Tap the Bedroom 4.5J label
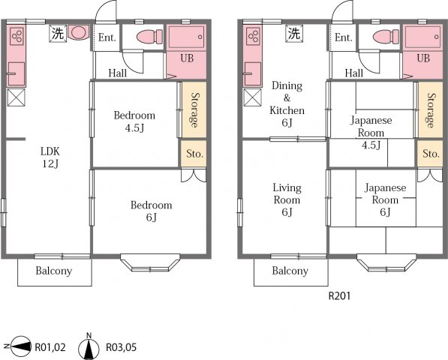click(x=134, y=121)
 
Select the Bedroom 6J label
click(x=151, y=211)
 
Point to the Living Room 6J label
click(x=287, y=199)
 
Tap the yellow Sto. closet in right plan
click(x=430, y=154)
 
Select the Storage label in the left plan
click(x=193, y=109)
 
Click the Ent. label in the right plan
click(x=343, y=37)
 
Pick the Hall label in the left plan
click(x=117, y=73)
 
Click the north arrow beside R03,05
click(x=89, y=347)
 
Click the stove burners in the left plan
click(x=17, y=35)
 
